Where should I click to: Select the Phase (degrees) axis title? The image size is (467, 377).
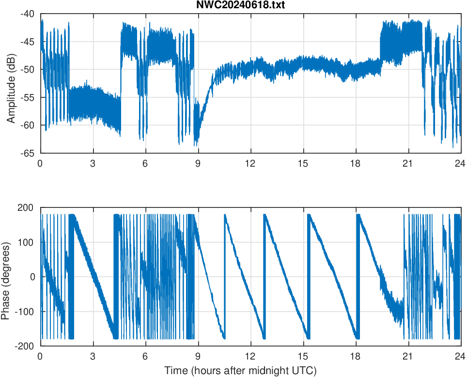[x=6, y=277]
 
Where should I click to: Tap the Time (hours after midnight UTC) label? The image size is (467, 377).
[x=240, y=371]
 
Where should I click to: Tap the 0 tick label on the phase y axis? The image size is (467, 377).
[x=33, y=277]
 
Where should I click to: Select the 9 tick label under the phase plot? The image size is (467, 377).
[x=198, y=356]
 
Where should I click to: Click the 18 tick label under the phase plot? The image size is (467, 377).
[x=356, y=356]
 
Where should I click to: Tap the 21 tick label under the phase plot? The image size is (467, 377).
[x=408, y=356]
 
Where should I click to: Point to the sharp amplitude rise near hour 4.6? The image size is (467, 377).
[x=121, y=73]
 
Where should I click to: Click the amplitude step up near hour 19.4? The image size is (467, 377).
[x=381, y=48]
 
